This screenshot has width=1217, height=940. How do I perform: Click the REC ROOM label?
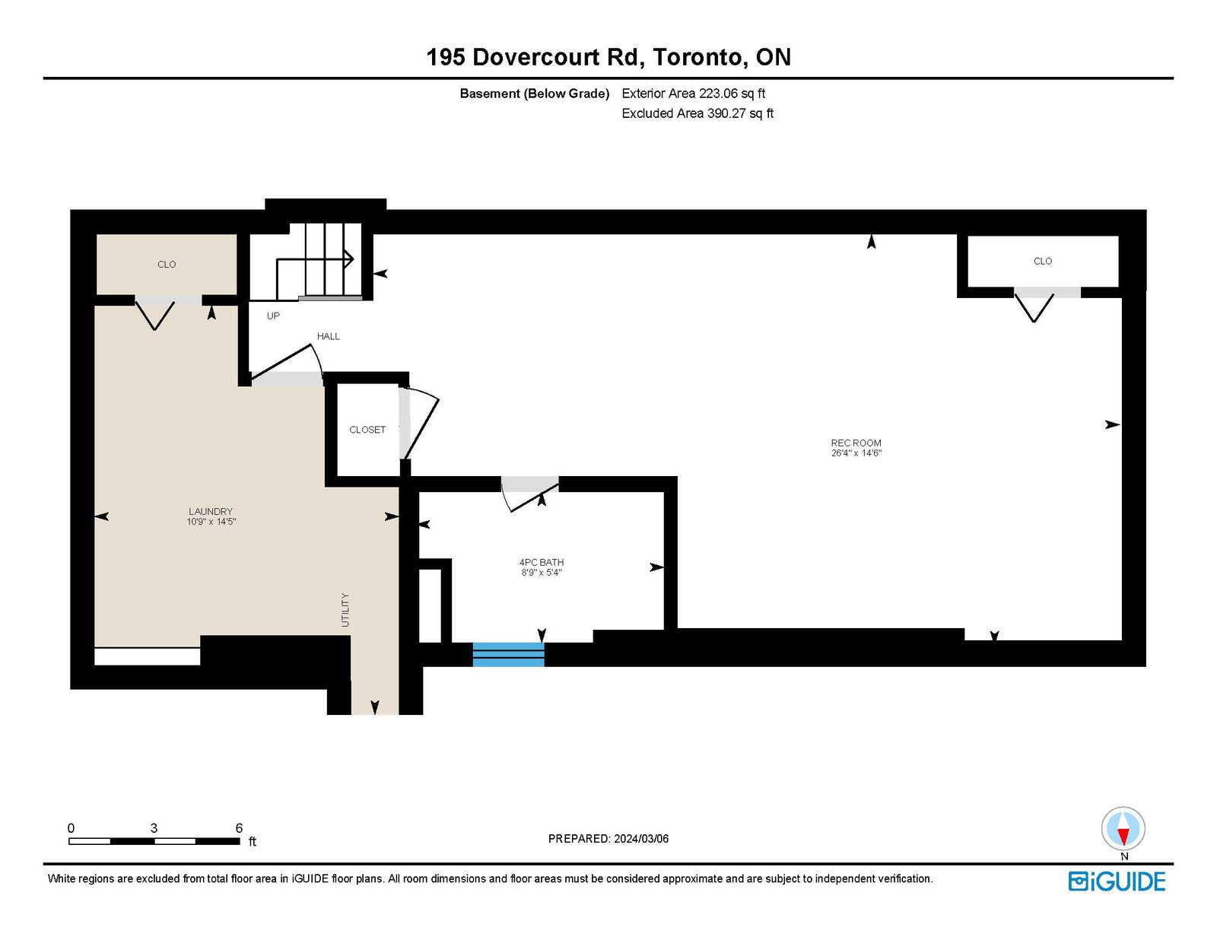coord(856,443)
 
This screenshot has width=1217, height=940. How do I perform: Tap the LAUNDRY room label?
coord(211,511)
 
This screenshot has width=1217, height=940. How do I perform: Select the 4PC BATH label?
coord(542,562)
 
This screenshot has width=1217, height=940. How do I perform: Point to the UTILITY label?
coord(345,610)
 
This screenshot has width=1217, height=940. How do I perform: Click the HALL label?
coord(328,336)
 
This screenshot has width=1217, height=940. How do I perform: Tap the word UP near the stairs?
coord(273,316)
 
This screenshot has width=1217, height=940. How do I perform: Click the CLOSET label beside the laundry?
coord(367,430)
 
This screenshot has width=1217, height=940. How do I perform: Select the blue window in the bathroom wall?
coord(509,655)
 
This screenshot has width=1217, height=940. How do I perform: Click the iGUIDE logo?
coord(1117,881)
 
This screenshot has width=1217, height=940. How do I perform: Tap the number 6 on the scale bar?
coord(239,827)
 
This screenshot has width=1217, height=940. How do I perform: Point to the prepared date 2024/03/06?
coord(641,839)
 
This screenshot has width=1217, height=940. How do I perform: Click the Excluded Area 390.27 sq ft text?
coord(697,113)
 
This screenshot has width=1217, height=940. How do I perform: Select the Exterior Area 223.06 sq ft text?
coord(694,94)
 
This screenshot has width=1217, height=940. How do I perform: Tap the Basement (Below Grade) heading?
coord(534,94)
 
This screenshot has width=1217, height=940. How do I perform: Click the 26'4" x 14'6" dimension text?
coord(856,453)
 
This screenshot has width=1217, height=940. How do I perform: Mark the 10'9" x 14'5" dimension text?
coord(211,521)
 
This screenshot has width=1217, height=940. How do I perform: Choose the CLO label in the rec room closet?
coord(1043,261)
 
